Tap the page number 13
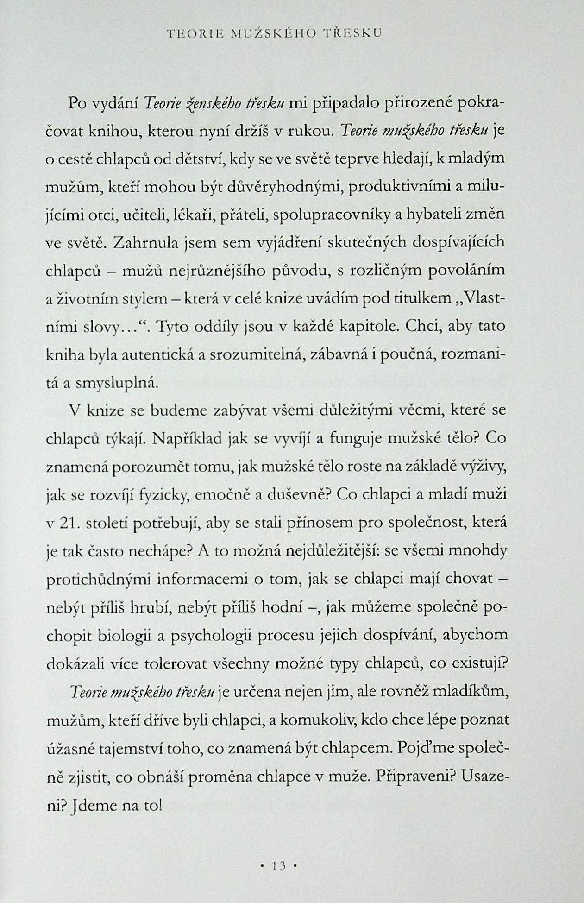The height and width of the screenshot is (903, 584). pyautogui.click(x=278, y=865)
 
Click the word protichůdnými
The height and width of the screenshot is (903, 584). pyautogui.click(x=98, y=579)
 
